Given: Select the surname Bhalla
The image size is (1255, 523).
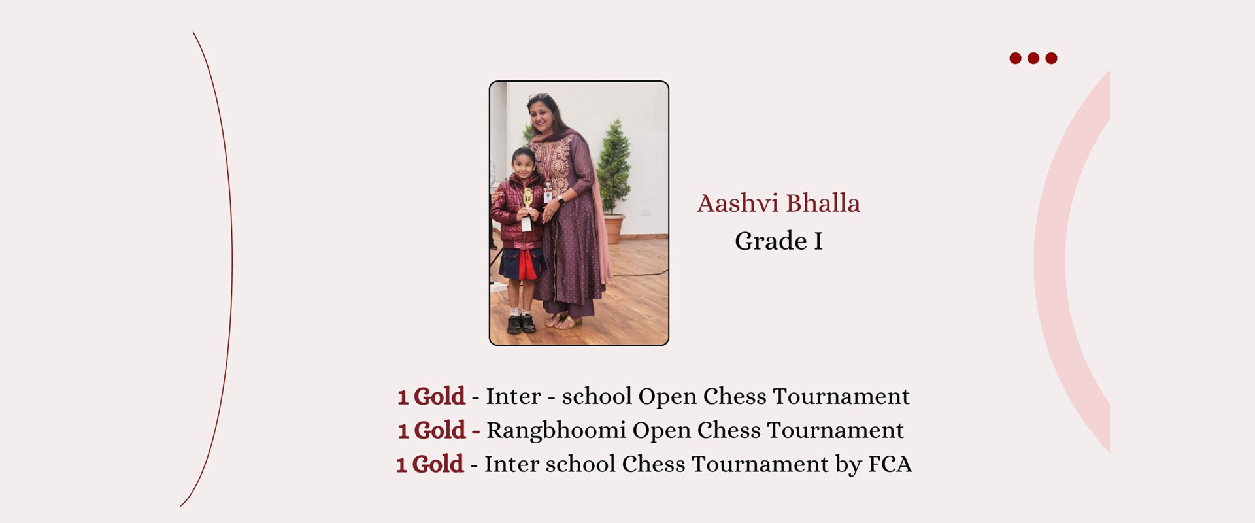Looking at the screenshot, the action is [823, 203].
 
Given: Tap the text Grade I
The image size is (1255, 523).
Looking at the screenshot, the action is [778, 241].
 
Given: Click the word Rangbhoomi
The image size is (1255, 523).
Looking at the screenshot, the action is [556, 431].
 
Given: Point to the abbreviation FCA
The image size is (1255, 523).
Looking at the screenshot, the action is [890, 464].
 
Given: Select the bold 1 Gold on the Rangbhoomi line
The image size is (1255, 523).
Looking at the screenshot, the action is [431, 430].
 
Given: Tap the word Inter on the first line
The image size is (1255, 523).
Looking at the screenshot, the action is [513, 396].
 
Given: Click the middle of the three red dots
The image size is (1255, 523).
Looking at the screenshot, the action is [1033, 58].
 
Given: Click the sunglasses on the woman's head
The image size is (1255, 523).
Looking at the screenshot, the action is [539, 97].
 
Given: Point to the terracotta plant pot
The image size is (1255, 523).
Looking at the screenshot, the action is [614, 229].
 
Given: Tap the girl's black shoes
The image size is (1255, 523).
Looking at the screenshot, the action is [521, 324].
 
